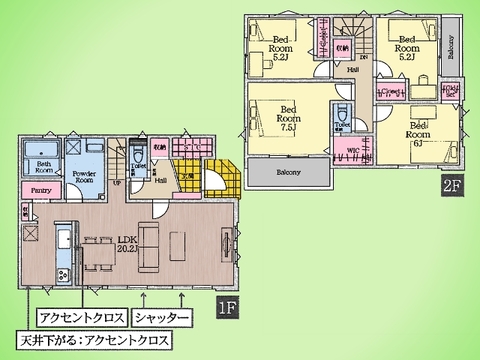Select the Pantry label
(x=41, y=189)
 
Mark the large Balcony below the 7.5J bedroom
(x=287, y=172)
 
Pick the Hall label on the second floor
(x=352, y=70)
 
